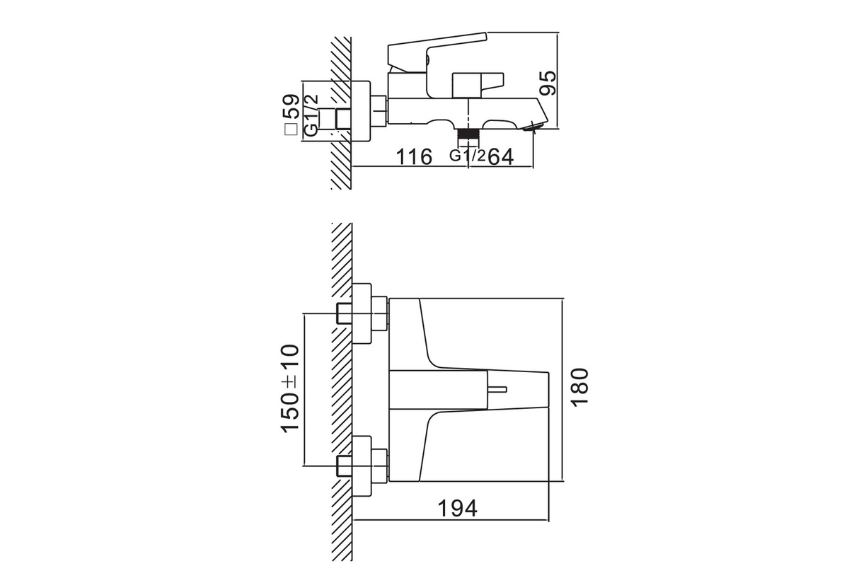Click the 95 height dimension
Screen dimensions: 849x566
(548, 83)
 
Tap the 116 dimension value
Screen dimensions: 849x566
(414, 156)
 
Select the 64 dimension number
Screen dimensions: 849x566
(500, 156)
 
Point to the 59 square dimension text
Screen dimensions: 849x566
(291, 107)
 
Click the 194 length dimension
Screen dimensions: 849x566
(458, 509)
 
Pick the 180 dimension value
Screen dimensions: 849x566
(579, 388)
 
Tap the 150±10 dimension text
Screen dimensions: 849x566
(290, 388)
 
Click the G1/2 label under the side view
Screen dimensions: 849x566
(467, 156)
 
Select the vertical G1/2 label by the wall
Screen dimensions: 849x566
(311, 115)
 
